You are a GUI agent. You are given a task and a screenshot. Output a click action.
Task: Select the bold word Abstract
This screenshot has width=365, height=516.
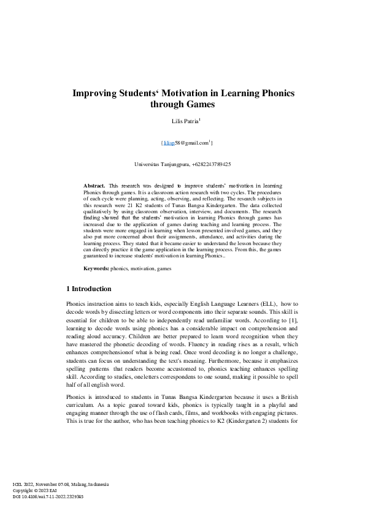click(x=94, y=184)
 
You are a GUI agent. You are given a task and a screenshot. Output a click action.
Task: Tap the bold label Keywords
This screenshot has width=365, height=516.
click(x=96, y=268)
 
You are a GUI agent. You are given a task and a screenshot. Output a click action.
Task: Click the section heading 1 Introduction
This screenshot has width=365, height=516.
click(x=88, y=288)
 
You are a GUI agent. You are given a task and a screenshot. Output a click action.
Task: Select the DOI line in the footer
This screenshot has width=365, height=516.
click(x=48, y=496)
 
